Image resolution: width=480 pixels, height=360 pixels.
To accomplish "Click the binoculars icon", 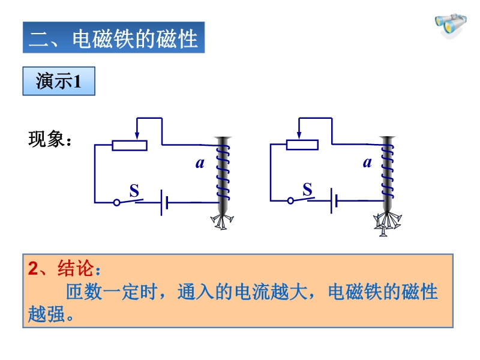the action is [451, 26].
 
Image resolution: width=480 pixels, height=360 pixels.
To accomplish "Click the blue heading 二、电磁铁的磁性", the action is [113, 37].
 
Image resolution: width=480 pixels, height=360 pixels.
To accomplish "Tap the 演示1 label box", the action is [59, 81].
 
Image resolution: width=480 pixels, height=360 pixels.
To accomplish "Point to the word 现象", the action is [47, 139].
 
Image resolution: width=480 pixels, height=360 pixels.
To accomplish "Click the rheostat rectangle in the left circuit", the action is [130, 145].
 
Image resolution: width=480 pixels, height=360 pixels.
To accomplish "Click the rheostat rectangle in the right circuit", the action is [302, 145].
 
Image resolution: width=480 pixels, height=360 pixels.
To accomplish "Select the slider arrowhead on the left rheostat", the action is [137, 136].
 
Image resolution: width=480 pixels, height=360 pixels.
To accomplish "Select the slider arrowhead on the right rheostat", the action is [299, 134].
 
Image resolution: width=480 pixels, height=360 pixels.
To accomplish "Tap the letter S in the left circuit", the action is [134, 190].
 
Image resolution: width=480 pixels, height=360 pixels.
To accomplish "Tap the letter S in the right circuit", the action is [307, 189].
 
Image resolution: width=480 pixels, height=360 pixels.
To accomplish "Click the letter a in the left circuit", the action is [200, 163].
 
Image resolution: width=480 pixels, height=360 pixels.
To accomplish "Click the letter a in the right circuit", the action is [367, 162].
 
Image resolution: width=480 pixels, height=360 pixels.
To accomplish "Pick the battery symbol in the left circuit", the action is [164, 203].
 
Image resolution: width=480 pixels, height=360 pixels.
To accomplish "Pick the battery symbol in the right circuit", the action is [334, 201].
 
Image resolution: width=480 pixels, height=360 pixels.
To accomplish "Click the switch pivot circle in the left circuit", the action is [116, 203].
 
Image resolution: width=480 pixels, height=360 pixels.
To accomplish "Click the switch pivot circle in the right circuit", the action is [290, 201].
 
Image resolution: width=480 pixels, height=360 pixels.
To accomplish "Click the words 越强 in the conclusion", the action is [47, 314].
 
